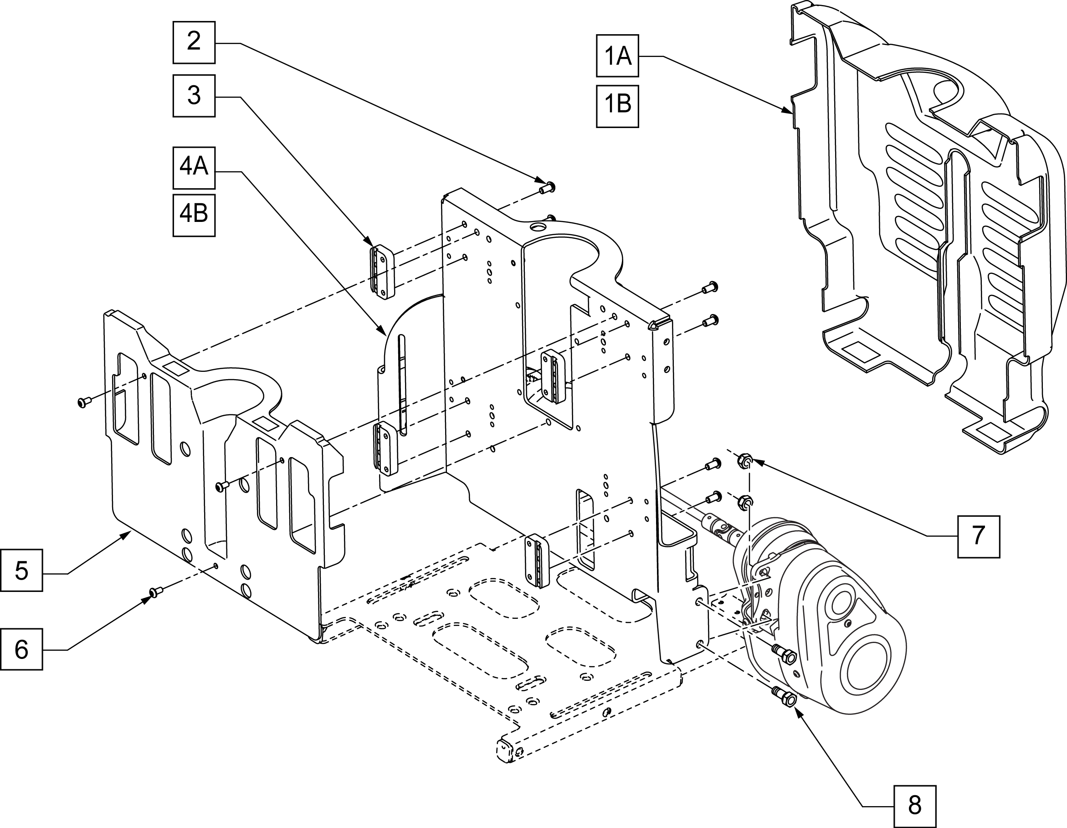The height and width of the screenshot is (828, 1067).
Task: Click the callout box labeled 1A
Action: click(617, 56)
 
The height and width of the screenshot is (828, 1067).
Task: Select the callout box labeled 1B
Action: click(617, 107)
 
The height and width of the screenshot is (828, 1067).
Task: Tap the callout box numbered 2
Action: click(194, 42)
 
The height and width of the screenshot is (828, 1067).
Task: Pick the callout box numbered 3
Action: click(194, 95)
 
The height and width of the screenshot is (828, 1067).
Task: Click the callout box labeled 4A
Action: click(194, 168)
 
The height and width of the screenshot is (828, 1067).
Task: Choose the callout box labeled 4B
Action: click(194, 216)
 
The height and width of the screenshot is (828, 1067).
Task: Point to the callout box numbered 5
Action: click(21, 570)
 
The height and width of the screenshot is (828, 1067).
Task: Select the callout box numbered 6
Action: click(21, 649)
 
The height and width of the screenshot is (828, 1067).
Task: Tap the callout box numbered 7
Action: click(979, 536)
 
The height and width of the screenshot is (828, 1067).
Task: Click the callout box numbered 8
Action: click(914, 806)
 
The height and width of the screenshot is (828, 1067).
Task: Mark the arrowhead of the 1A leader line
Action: click(791, 113)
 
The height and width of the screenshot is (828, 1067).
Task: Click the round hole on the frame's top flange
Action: click(538, 228)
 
